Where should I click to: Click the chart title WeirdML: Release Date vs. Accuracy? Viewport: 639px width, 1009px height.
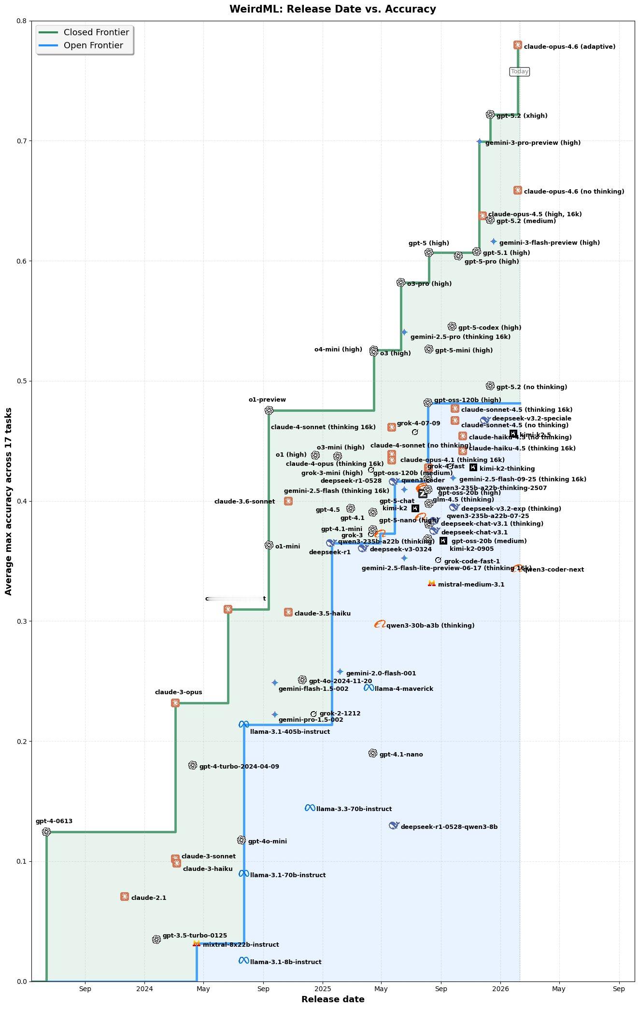click(x=332, y=9)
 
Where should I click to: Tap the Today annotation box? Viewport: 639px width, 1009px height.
click(x=520, y=71)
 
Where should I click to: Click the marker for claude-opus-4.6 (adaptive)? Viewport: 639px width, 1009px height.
click(x=517, y=45)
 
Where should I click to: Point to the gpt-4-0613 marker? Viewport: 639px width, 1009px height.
click(x=46, y=832)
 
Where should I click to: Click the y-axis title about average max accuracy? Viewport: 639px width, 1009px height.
click(x=9, y=501)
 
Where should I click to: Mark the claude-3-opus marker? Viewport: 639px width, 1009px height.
click(x=175, y=703)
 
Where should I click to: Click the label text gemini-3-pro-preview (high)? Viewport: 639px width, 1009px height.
click(x=533, y=143)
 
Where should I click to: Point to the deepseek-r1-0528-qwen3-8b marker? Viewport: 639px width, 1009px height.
click(x=394, y=826)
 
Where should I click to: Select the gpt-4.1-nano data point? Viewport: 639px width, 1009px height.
click(x=372, y=753)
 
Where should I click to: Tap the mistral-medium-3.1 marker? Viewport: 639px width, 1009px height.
click(x=431, y=583)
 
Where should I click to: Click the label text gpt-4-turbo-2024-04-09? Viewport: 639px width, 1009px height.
click(x=239, y=766)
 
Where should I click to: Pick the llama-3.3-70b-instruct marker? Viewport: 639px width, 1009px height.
click(x=310, y=808)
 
